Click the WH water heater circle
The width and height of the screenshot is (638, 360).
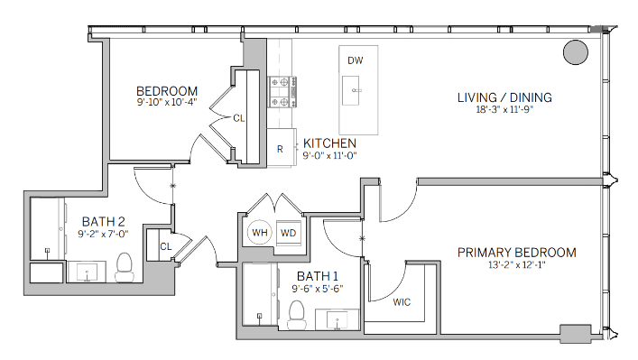coord(260,233)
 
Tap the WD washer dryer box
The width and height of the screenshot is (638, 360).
coord(289,233)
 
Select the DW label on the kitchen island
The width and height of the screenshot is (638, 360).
coord(356,60)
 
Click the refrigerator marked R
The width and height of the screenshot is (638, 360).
coord(282,148)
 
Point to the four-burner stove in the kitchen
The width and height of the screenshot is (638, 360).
coord(282,92)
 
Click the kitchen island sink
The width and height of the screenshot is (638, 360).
coord(350,90)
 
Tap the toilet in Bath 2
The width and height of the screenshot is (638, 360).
coord(125,267)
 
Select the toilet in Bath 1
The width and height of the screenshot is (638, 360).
coord(297,315)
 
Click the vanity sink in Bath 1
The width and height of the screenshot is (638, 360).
coord(337,319)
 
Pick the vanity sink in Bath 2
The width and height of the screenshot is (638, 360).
coord(87,272)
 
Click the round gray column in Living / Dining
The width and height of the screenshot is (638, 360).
coord(576,52)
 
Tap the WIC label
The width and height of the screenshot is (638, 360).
coord(402,302)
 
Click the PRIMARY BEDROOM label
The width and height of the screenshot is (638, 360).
coord(517,253)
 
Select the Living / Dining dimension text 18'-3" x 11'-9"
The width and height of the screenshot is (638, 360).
coord(504,109)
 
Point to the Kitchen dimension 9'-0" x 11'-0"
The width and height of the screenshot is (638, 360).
coord(329,155)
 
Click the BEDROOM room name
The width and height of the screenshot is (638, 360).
coord(167,91)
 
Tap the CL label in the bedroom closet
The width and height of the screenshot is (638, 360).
coord(239,118)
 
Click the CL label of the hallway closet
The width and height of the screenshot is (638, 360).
coord(166,246)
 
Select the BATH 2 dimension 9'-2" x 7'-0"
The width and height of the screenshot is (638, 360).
coord(104,234)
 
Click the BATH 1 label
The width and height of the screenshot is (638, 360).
coord(318,277)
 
